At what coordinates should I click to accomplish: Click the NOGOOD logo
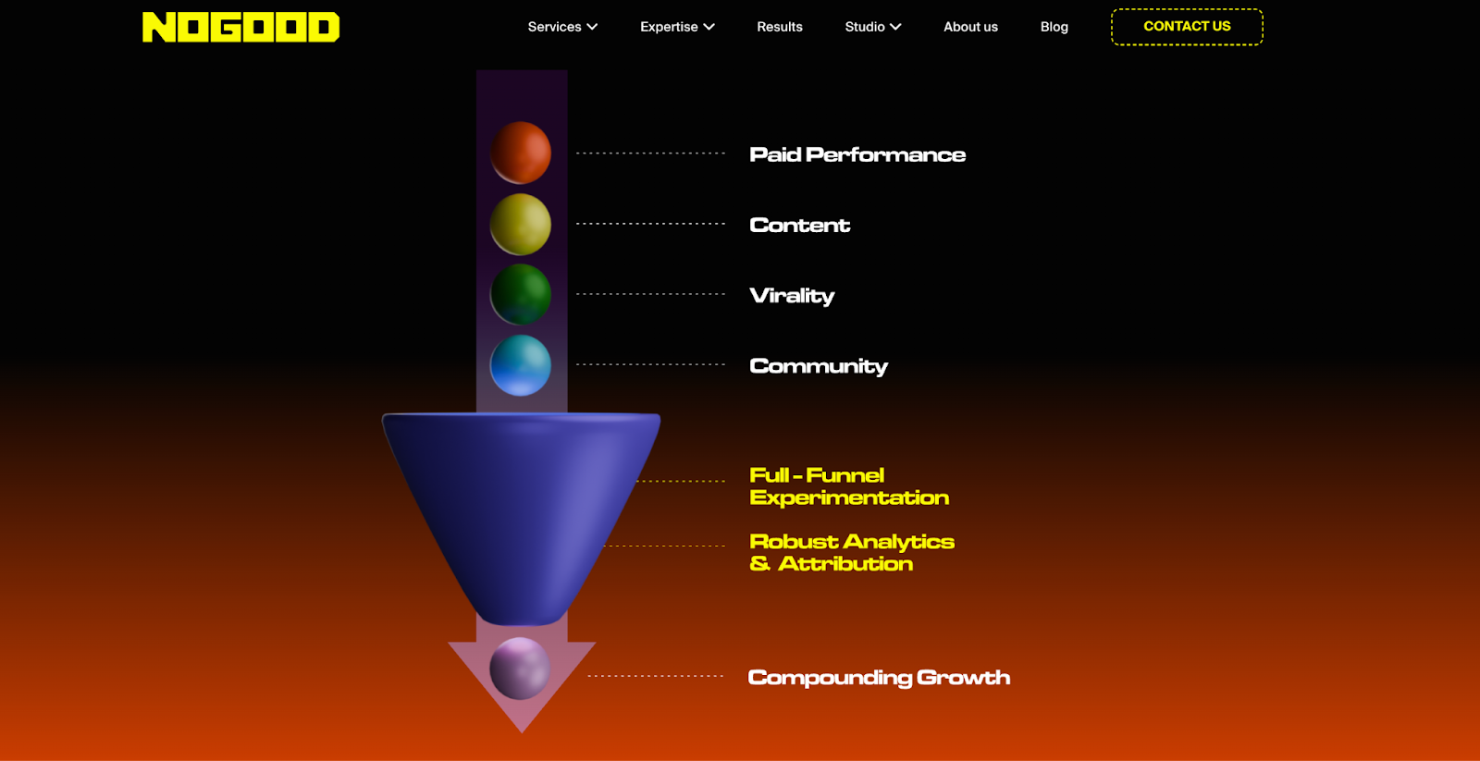pyautogui.click(x=240, y=27)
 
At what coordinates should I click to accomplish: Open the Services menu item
pyautogui.click(x=562, y=27)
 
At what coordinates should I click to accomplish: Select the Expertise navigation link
pyautogui.click(x=677, y=27)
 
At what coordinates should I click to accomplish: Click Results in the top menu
pyautogui.click(x=780, y=27)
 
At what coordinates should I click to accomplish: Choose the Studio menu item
pyautogui.click(x=872, y=27)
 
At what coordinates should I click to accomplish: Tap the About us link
pyautogui.click(x=970, y=27)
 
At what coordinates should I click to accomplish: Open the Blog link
pyautogui.click(x=1054, y=27)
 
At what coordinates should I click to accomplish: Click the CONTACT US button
pyautogui.click(x=1187, y=27)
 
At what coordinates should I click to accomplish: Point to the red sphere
pyautogui.click(x=521, y=153)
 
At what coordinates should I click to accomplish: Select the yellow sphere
pyautogui.click(x=521, y=224)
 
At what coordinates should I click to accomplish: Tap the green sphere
pyautogui.click(x=521, y=294)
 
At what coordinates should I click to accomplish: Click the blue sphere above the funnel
pyautogui.click(x=521, y=365)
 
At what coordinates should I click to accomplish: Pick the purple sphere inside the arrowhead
pyautogui.click(x=520, y=668)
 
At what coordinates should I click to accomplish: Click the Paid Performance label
pyautogui.click(x=857, y=154)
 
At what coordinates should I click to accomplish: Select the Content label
pyautogui.click(x=799, y=225)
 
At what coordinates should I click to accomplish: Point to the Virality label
pyautogui.click(x=792, y=296)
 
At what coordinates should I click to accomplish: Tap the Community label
pyautogui.click(x=819, y=366)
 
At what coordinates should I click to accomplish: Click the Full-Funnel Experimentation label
pyautogui.click(x=848, y=486)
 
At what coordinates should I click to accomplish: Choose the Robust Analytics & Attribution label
pyautogui.click(x=851, y=553)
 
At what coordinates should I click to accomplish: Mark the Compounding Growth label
pyautogui.click(x=879, y=678)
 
